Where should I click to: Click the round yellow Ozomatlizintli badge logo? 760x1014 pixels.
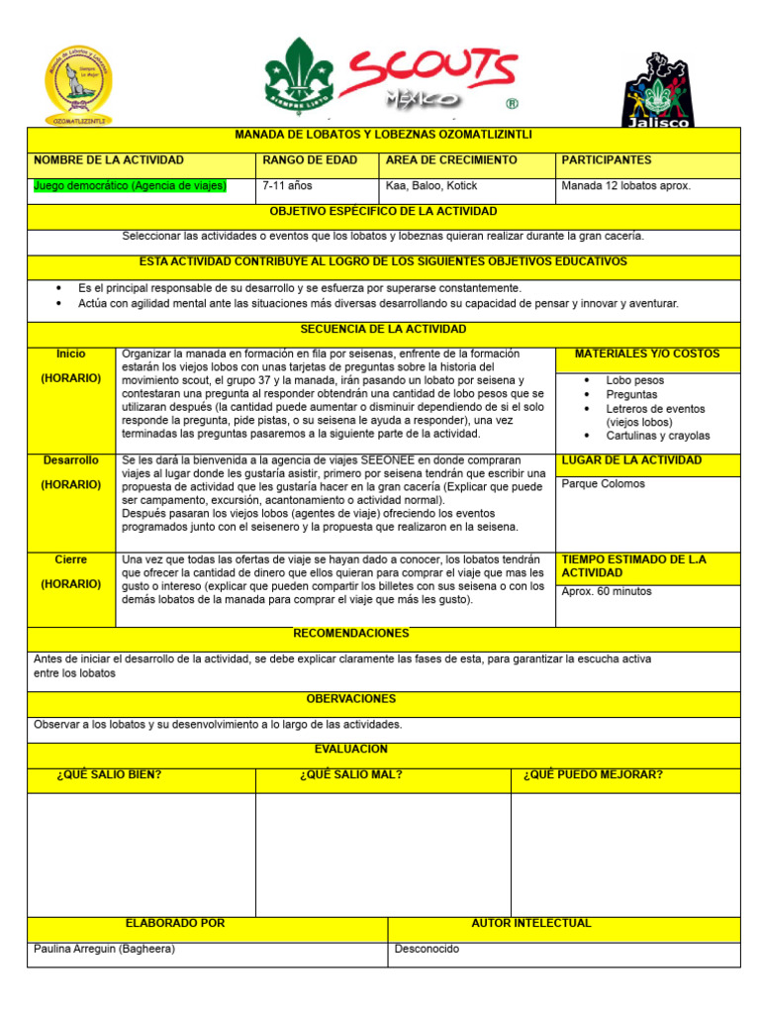coord(78,82)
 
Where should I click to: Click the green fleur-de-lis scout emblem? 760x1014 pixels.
coord(299,75)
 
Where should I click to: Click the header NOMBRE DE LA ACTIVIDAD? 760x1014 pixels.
coord(109,160)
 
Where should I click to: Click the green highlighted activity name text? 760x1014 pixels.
coord(130,185)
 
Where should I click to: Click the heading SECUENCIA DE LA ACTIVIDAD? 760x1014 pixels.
coord(383,329)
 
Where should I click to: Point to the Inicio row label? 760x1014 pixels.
coord(71,354)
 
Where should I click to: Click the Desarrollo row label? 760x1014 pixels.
coord(71,460)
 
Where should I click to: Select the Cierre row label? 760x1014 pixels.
coord(71,559)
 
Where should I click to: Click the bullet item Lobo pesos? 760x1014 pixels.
coord(634,380)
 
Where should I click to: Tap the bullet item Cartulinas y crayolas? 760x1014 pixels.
coord(657,436)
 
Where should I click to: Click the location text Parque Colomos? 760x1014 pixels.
coord(603,484)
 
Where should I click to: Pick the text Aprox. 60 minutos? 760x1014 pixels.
coord(606,591)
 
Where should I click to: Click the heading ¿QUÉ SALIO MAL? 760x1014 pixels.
coord(350,774)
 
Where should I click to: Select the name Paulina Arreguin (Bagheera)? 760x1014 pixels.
coord(105,949)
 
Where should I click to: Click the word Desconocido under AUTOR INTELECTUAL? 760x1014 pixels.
coord(427,949)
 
